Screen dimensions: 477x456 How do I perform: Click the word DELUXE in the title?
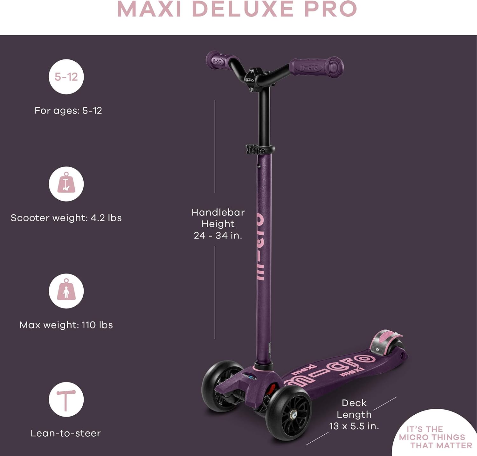[243, 9]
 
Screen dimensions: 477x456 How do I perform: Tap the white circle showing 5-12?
[66, 77]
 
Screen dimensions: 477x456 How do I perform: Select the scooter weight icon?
[66, 184]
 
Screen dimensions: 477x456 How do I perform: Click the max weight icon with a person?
[66, 291]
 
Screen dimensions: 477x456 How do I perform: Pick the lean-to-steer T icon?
[66, 399]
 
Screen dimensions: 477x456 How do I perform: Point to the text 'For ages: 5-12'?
[68, 111]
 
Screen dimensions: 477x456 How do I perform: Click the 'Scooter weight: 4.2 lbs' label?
[66, 218]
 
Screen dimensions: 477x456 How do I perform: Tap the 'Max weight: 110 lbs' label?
[66, 325]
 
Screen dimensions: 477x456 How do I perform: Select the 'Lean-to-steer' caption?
[66, 433]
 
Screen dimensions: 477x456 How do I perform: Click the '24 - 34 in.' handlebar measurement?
[218, 235]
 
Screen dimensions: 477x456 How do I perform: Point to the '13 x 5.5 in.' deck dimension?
[354, 426]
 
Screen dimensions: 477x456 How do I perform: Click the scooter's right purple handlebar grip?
[316, 67]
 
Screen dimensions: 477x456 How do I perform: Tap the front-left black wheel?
[222, 386]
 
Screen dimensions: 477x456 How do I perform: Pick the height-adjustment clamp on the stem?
[260, 149]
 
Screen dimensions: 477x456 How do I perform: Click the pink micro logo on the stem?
[260, 247]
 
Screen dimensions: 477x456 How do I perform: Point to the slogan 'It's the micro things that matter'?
[434, 437]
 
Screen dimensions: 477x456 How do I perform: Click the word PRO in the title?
[330, 9]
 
